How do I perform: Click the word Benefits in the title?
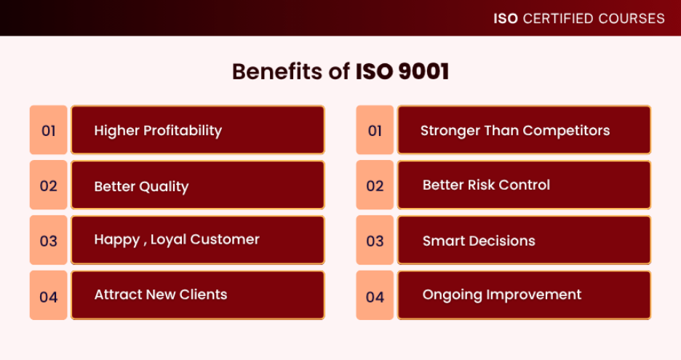[277, 71]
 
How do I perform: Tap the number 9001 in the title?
[423, 71]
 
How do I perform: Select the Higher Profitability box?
[198, 130]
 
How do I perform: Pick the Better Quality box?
[198, 185]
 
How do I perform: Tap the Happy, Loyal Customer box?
[198, 240]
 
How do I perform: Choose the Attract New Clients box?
[198, 295]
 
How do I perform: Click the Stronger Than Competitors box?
[525, 130]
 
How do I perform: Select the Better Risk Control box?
[525, 185]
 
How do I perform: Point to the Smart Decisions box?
[525, 240]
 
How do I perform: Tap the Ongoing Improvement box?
[525, 295]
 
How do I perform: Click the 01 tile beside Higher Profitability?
[48, 130]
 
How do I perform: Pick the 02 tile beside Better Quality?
[48, 185]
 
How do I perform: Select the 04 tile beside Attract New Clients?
[48, 295]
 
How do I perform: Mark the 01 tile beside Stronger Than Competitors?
[375, 130]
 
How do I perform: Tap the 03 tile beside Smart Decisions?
[375, 240]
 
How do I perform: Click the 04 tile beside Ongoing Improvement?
[375, 295]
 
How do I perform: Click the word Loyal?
[168, 240]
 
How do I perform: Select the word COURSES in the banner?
[632, 19]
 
